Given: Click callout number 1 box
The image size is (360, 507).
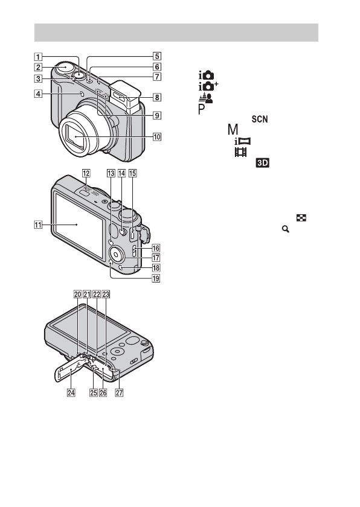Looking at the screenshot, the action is coord(38,57).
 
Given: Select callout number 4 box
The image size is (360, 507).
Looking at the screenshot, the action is coord(38,94).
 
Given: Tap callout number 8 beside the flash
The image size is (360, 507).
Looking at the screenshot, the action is coord(157,97).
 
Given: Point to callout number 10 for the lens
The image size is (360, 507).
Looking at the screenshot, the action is coord(157,137).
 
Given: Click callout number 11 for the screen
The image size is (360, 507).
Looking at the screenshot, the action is coord(38,224).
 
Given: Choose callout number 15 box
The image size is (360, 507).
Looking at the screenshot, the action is coord(133,173).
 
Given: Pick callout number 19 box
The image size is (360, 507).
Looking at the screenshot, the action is coord(156,278).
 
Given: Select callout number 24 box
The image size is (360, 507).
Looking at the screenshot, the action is coord(71,392).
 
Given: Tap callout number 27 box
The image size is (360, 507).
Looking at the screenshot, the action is coord(120,392).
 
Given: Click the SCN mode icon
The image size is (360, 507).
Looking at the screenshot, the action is coord(260,119).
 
